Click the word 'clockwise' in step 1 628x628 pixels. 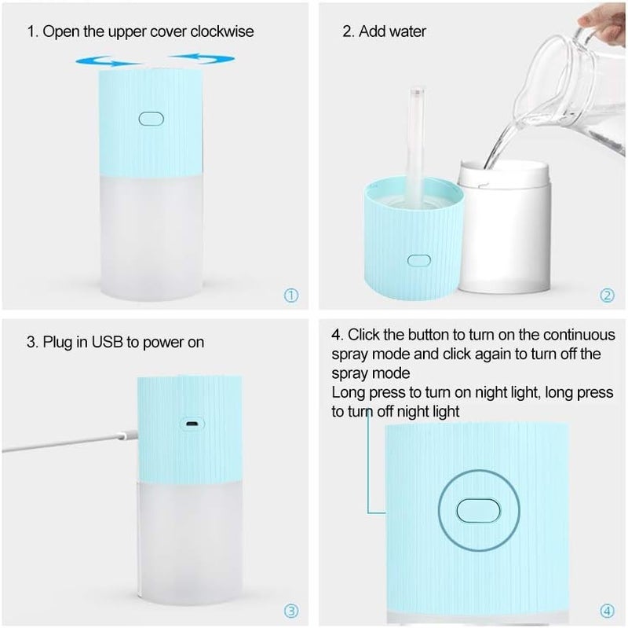[223, 32]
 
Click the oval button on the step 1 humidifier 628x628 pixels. [149, 119]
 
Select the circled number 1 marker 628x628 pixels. [291, 296]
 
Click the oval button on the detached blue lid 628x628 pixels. [418, 260]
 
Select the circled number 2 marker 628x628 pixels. [607, 296]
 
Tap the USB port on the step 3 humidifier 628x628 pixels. [189, 424]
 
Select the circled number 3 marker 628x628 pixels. [291, 610]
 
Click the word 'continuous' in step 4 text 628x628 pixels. [581, 335]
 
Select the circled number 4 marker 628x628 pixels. [607, 610]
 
